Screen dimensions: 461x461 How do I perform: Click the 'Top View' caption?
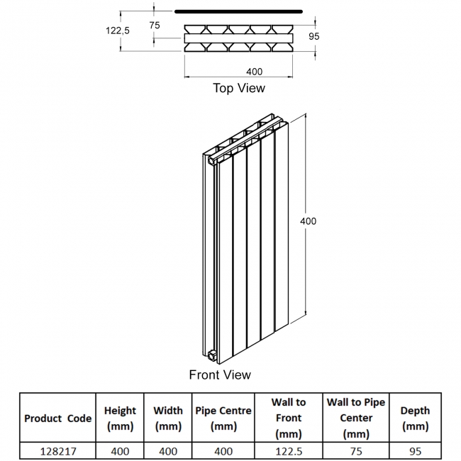[x=239, y=88]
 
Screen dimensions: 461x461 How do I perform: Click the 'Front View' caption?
[x=220, y=374]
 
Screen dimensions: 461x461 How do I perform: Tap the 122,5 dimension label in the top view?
[x=118, y=30]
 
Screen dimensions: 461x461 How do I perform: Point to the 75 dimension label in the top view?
[x=155, y=25]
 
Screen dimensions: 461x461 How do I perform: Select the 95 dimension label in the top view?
[x=316, y=36]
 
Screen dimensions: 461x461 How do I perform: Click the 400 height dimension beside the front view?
[x=309, y=221]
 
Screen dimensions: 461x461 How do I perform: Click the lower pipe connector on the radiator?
[x=212, y=351]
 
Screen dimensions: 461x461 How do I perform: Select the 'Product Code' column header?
[x=57, y=418]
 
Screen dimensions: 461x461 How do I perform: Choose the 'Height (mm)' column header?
[x=120, y=418]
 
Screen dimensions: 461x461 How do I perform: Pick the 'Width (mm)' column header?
[x=168, y=418]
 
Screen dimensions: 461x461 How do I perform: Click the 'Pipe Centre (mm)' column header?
[x=223, y=418]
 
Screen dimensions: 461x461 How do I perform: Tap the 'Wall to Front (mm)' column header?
[x=289, y=418]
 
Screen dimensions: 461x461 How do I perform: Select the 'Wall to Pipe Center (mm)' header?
[x=356, y=418]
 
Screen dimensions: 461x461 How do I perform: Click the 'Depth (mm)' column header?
[x=415, y=418]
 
